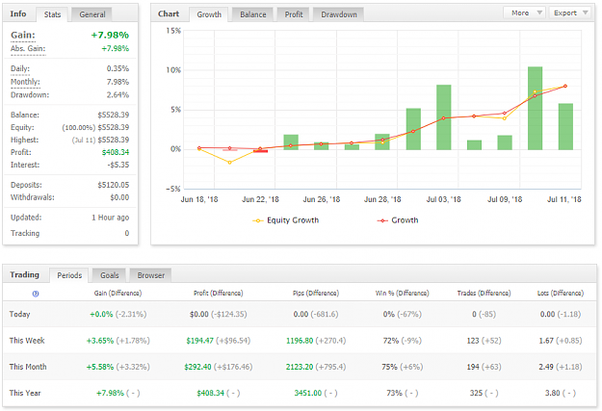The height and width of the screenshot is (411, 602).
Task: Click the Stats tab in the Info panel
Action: [x=52, y=14]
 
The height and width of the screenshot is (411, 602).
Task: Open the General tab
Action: [x=92, y=14]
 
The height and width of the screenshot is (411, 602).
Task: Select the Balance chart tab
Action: [x=253, y=14]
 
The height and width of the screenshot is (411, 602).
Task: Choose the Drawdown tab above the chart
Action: [x=339, y=14]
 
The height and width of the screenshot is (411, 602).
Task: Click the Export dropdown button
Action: [x=570, y=13]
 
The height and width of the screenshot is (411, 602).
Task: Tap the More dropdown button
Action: [x=524, y=13]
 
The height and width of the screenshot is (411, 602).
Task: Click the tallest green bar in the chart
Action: [x=535, y=108]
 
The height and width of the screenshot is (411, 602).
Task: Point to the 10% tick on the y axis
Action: [x=173, y=70]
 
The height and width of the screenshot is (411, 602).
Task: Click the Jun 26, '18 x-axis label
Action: [x=322, y=199]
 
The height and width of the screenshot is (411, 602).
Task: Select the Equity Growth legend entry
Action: [x=286, y=220]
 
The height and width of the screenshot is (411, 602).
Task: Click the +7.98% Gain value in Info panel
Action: [x=110, y=35]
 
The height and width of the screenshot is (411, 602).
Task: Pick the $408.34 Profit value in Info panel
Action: [x=116, y=152]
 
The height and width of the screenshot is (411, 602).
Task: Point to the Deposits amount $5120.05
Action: [x=114, y=185]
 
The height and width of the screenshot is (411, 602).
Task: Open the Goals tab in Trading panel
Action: [x=110, y=275]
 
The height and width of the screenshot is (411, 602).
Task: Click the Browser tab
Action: [x=151, y=275]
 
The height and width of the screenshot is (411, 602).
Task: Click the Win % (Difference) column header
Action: [x=402, y=294]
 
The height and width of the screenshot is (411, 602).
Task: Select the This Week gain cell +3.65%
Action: [x=100, y=341]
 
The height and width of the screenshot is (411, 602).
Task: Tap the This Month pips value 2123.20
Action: [x=300, y=367]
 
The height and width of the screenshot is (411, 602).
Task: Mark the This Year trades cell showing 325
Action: [x=476, y=393]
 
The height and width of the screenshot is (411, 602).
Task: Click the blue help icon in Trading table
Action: [x=36, y=294]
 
